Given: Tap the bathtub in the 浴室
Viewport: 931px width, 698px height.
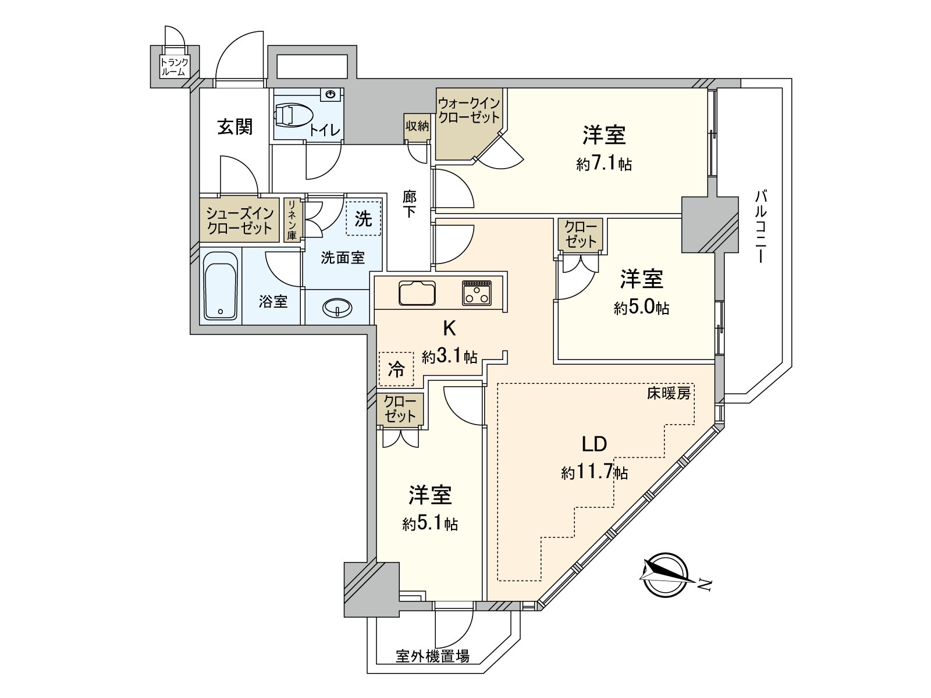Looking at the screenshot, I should coord(221,286).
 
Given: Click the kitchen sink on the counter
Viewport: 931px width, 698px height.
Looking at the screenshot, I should coord(417,293).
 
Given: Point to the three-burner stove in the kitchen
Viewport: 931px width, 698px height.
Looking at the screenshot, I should coord(477,293).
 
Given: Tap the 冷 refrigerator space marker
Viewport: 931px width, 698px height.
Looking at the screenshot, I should coord(396,369).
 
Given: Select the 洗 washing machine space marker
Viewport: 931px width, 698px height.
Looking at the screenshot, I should coord(364,218).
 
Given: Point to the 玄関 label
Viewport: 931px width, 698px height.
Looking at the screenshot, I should coord(235,127).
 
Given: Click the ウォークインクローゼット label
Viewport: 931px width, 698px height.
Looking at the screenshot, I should coord(468,110).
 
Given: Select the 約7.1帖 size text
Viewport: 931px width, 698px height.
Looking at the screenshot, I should coord(604,165).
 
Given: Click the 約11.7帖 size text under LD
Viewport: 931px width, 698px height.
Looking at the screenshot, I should coord(594,472).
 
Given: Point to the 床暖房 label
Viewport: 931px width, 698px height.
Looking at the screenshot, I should coord(669,394).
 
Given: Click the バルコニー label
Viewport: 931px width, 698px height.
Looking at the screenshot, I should coord(760,226).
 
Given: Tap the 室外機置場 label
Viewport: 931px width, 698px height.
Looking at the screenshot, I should coord(432,657).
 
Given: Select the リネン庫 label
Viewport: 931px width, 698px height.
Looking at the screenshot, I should coord(292,220).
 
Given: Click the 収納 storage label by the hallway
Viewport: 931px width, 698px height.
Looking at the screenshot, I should coord(417,126).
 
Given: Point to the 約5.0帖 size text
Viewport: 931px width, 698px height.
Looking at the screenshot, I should coord(641,308).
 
